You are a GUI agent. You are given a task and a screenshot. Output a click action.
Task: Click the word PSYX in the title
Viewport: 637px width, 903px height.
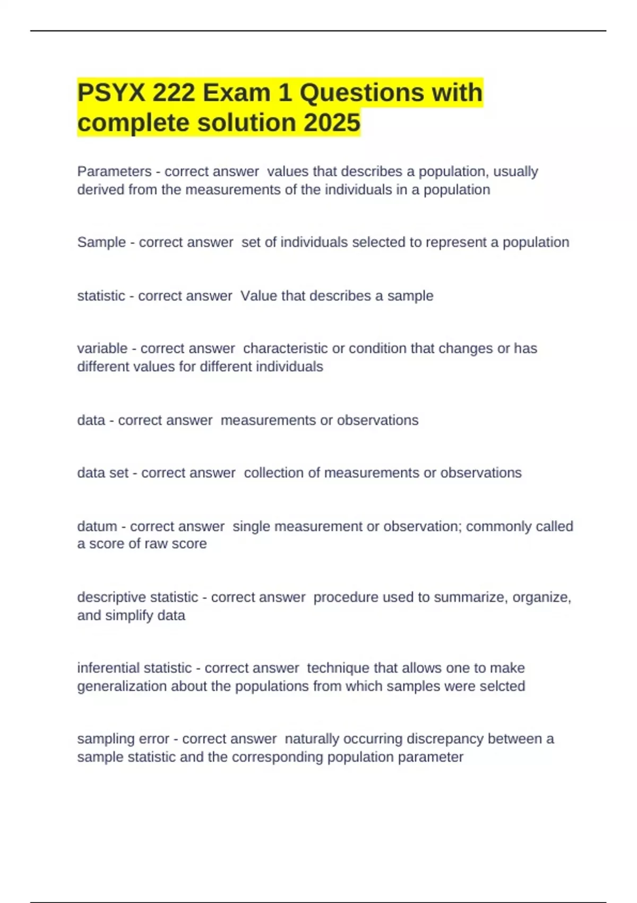point(111,93)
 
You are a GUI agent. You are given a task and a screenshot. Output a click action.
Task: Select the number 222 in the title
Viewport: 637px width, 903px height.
point(173,93)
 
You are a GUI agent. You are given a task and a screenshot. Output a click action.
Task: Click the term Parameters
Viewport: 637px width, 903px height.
point(114,172)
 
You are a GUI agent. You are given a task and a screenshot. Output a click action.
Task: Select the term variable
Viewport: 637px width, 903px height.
point(102,348)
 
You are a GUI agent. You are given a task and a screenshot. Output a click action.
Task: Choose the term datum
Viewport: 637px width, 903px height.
point(97,526)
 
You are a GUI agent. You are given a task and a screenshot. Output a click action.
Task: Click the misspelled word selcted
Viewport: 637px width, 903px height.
point(502,686)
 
